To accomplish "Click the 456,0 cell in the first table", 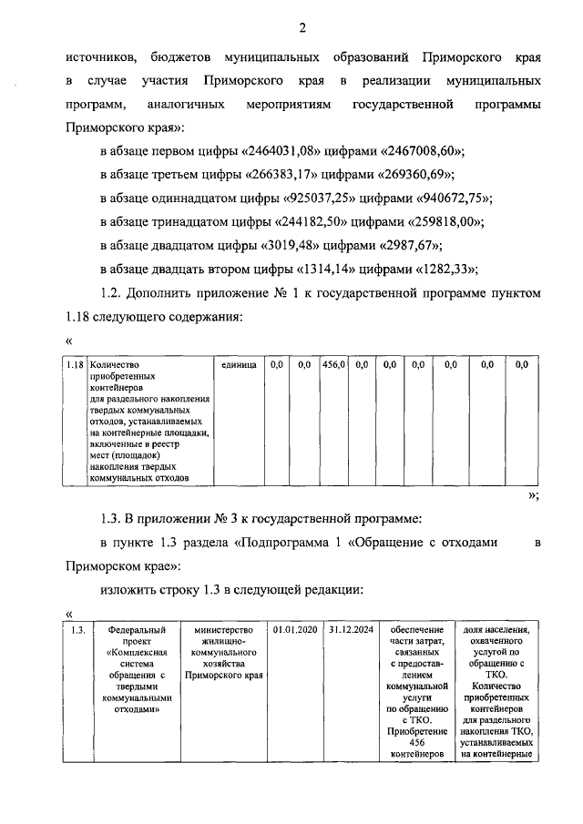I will [332, 365].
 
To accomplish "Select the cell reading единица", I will [239, 365].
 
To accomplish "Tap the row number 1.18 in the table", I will [76, 365].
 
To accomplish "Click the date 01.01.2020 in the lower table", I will [291, 629].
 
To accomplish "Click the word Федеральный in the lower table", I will [137, 629].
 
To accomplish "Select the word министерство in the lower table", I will [223, 629].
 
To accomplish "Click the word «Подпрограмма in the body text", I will [285, 543].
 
